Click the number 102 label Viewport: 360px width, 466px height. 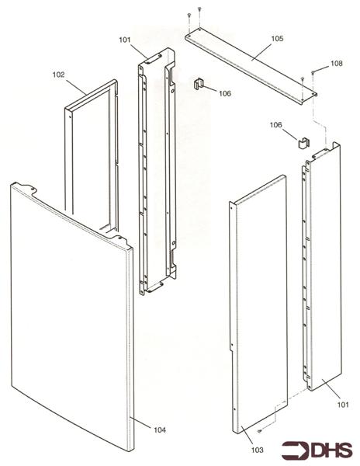58,75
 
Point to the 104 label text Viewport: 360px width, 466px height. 159,429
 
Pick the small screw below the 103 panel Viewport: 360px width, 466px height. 261,432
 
